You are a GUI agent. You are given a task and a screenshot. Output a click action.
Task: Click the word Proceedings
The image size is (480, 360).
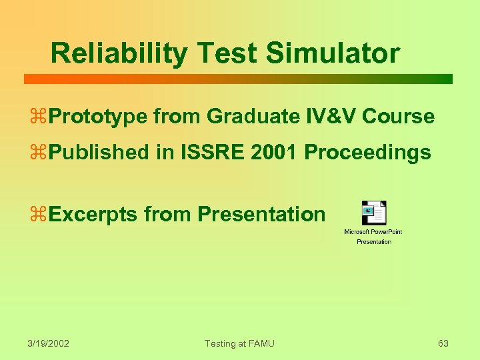pos(367,153)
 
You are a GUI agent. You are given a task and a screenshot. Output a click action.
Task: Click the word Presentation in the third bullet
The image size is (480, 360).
pos(261,215)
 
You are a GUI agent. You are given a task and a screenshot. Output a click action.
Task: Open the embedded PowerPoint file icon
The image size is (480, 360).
pos(373,213)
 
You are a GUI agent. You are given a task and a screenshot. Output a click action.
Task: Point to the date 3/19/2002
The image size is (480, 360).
pos(49,343)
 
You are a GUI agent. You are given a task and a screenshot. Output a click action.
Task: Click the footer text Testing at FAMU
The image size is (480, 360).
pos(239,343)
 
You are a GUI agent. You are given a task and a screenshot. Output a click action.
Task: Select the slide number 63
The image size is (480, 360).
pos(443,343)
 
